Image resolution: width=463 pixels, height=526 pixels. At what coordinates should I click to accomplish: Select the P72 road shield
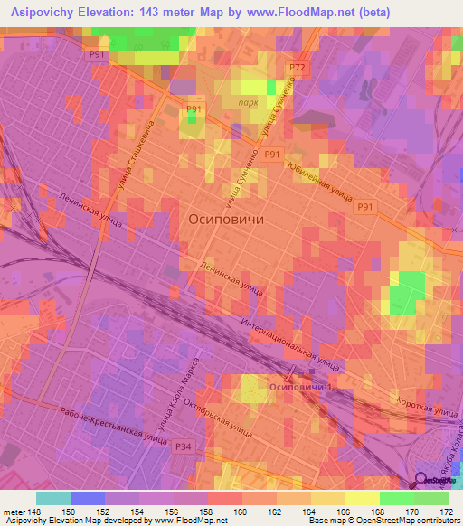(x=297, y=69)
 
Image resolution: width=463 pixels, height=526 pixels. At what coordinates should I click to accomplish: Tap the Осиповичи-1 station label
(x=300, y=387)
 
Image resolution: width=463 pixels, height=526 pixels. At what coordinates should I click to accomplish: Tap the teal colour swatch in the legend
(x=53, y=498)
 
